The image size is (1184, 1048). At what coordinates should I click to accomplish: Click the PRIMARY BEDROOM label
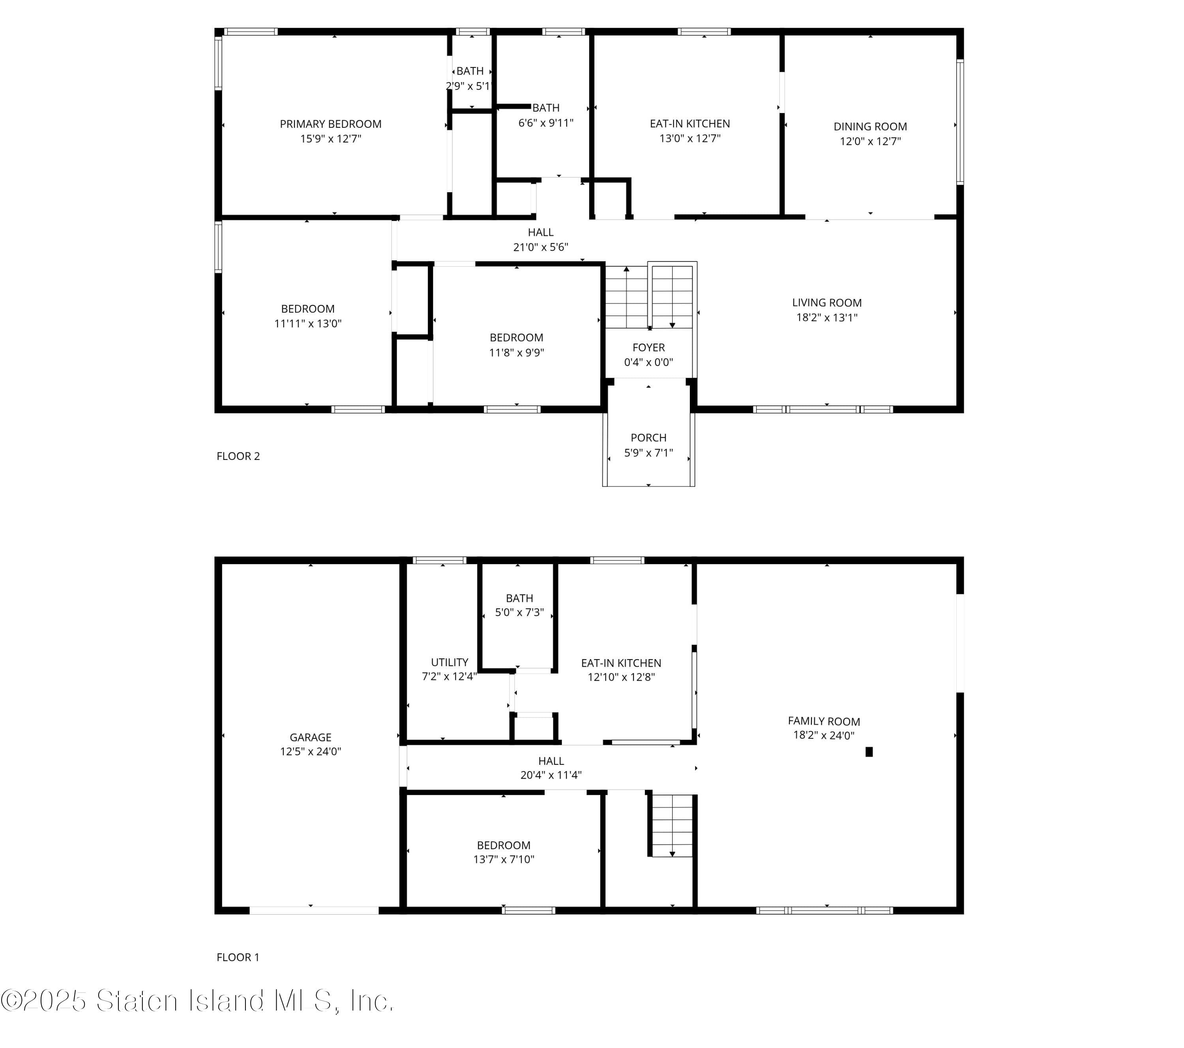coord(330,124)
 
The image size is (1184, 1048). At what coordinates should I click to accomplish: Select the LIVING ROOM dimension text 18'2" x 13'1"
coord(826,317)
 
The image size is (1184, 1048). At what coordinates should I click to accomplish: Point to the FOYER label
coord(648,347)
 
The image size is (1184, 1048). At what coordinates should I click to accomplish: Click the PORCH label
coord(648,438)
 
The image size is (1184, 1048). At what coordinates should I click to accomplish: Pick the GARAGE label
coord(311,737)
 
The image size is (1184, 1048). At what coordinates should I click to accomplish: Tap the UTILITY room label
coord(450,662)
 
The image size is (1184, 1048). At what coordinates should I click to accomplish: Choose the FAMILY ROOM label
coord(823,721)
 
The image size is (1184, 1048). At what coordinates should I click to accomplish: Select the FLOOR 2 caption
coord(238,456)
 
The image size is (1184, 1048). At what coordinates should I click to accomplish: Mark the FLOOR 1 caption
coord(238,957)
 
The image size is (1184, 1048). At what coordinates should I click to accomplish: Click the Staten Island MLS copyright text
coord(197,1001)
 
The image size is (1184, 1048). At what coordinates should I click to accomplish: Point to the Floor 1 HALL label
coord(551,761)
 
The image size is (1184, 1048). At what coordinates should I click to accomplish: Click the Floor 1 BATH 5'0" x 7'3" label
coord(519,605)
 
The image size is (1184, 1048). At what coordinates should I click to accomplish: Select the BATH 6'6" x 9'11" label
coord(546,115)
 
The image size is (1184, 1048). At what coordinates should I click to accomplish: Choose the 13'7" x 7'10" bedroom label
coord(503,852)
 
